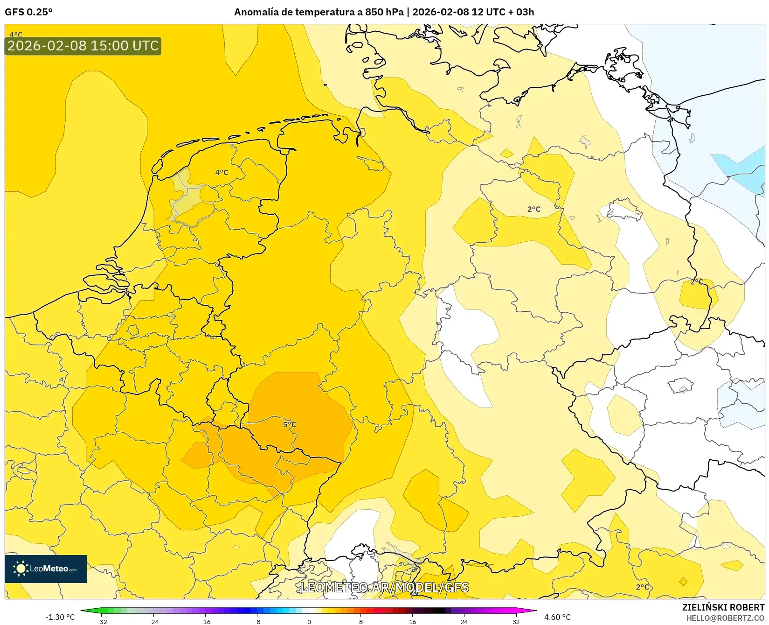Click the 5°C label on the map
(x=290, y=424)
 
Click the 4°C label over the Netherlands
(x=222, y=173)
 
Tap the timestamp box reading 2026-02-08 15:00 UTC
(x=83, y=46)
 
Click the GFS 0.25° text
(x=28, y=12)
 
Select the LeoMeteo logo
(x=46, y=569)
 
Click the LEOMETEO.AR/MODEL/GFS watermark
(x=384, y=587)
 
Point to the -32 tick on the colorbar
(x=102, y=621)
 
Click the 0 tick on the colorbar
(x=309, y=621)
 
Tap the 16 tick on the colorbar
(x=412, y=621)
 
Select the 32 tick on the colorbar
(x=516, y=621)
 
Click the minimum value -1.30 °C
(x=60, y=617)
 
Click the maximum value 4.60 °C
(x=557, y=617)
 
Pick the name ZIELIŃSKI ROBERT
(x=723, y=607)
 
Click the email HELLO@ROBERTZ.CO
(x=725, y=618)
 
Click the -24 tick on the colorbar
(x=153, y=621)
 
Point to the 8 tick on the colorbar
(x=360, y=621)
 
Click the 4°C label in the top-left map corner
(x=16, y=35)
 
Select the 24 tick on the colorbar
(x=464, y=621)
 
